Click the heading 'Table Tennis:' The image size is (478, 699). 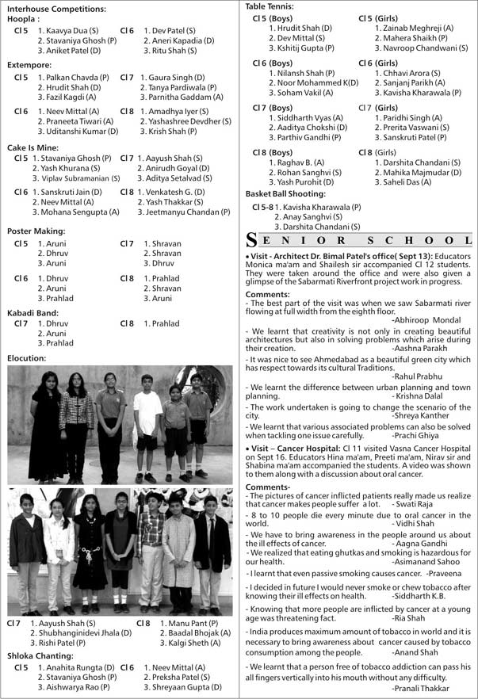[x=270, y=6]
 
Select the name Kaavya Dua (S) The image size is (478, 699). [x=72, y=30]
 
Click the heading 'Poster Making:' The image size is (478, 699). [x=36, y=231]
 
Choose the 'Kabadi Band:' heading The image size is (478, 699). [x=33, y=312]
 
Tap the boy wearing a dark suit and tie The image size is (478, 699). [x=210, y=551]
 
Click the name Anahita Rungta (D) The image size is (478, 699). [x=75, y=667]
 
